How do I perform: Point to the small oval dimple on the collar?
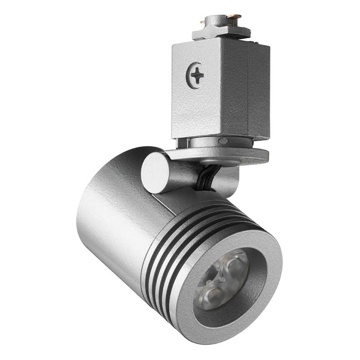click(x=222, y=141)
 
